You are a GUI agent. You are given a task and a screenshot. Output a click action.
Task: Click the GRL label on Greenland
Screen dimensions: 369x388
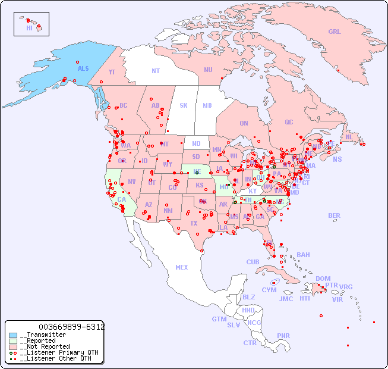(x=335, y=32)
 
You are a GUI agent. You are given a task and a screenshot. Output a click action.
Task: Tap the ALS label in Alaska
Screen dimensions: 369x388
(x=83, y=68)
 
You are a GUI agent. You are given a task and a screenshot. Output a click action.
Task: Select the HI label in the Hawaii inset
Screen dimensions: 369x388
(x=29, y=28)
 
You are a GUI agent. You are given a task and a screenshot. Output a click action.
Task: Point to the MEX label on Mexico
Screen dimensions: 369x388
(x=182, y=267)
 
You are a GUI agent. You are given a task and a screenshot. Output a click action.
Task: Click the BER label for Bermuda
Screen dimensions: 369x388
(x=335, y=215)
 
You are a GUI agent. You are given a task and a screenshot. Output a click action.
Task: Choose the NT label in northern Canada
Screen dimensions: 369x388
(x=156, y=71)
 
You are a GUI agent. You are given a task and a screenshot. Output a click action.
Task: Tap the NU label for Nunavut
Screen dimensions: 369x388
(x=208, y=70)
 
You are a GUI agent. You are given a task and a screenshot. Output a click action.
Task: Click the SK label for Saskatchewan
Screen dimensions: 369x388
(x=184, y=105)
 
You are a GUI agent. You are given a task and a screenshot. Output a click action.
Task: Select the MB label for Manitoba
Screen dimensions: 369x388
(x=207, y=105)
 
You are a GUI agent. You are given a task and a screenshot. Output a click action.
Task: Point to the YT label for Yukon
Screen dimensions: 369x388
(x=112, y=72)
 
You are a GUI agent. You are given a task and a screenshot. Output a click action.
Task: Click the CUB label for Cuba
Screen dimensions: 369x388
(x=253, y=262)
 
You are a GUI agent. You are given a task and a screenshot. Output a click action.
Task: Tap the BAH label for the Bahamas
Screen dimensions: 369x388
(x=303, y=255)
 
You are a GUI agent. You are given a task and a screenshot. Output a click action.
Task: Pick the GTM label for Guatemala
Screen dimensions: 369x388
(x=219, y=319)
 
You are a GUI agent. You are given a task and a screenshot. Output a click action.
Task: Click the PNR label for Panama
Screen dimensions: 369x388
(x=283, y=336)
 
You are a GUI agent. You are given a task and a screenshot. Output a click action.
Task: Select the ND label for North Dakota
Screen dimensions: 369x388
(x=196, y=143)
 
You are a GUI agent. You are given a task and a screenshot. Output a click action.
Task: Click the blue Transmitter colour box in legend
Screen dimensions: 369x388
(x=13, y=335)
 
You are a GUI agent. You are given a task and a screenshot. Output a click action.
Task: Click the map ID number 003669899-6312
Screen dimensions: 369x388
(x=71, y=327)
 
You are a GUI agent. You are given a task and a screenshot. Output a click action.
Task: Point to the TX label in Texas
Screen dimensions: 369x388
(x=194, y=223)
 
